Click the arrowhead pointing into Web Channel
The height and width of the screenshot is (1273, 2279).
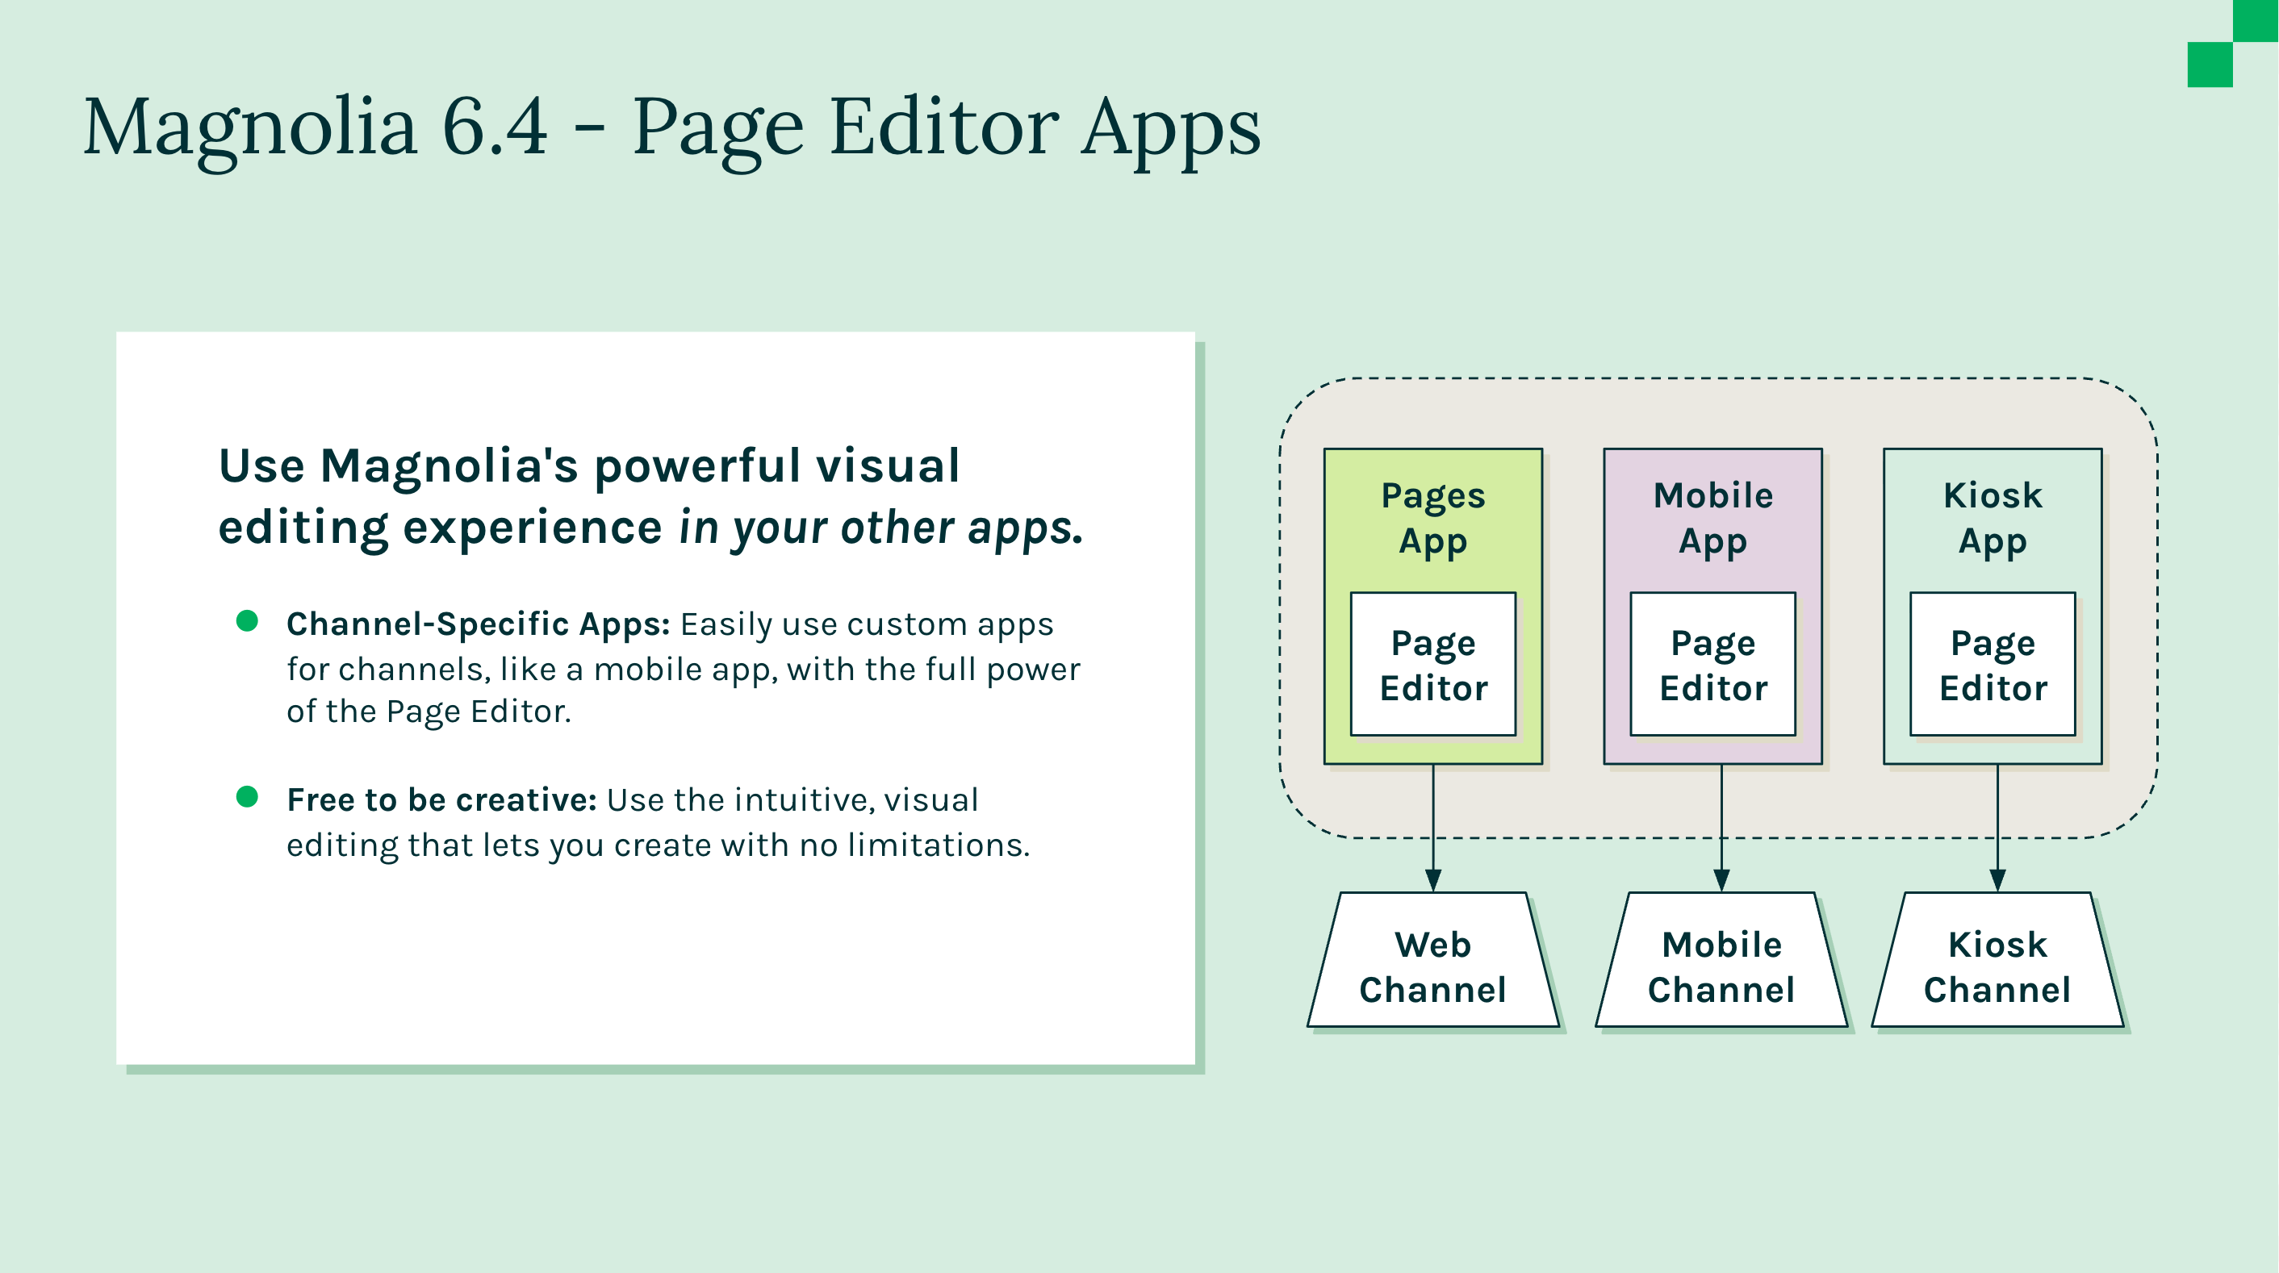[x=1433, y=879]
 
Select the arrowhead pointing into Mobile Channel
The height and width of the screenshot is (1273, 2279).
[x=1721, y=879]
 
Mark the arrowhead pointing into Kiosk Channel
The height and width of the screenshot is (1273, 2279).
[x=1997, y=879]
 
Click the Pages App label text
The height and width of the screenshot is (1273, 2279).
[x=1433, y=519]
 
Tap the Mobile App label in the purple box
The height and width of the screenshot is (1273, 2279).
[x=1712, y=519]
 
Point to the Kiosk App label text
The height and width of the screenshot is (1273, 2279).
[x=1993, y=519]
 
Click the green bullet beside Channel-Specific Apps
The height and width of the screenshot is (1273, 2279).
[x=247, y=621]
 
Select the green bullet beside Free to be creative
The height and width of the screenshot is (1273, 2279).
[x=247, y=797]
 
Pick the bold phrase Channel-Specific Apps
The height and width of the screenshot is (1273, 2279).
[x=478, y=624]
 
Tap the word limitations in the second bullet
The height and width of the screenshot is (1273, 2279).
[x=938, y=845]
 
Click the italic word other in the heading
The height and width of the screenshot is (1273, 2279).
[x=897, y=528]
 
